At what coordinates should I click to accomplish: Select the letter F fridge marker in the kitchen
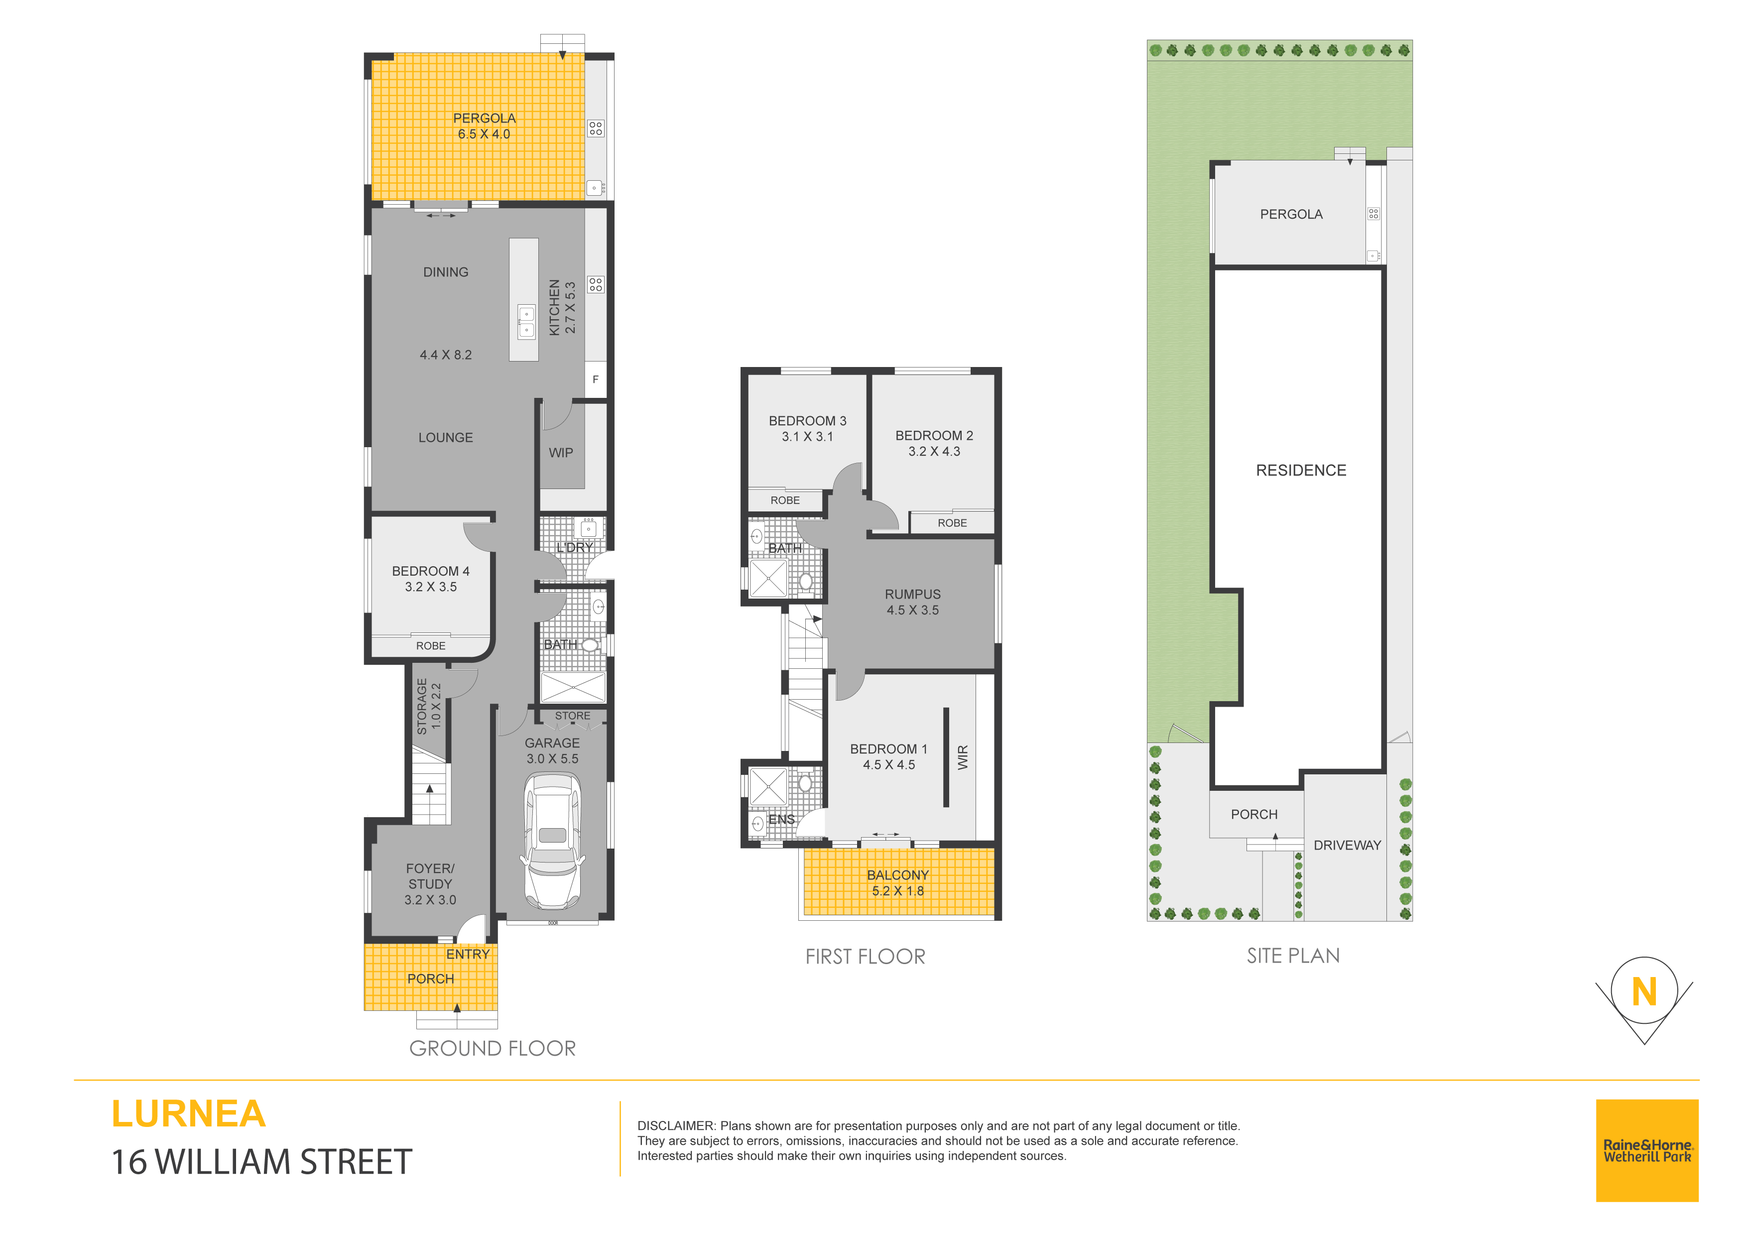point(596,379)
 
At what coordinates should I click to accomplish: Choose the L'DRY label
point(575,547)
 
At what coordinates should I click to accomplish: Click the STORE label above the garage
point(572,716)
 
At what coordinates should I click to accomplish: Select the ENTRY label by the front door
point(468,954)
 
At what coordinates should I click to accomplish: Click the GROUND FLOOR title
point(493,1049)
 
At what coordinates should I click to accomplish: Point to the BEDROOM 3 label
point(807,421)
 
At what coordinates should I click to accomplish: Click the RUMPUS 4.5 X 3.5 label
point(912,602)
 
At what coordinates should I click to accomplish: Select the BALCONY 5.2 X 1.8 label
point(898,883)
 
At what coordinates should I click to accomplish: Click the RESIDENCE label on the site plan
point(1301,470)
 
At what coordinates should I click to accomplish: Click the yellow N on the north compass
point(1644,992)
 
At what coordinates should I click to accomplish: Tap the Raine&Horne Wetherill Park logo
point(1647,1150)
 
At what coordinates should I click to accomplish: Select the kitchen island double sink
point(526,322)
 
